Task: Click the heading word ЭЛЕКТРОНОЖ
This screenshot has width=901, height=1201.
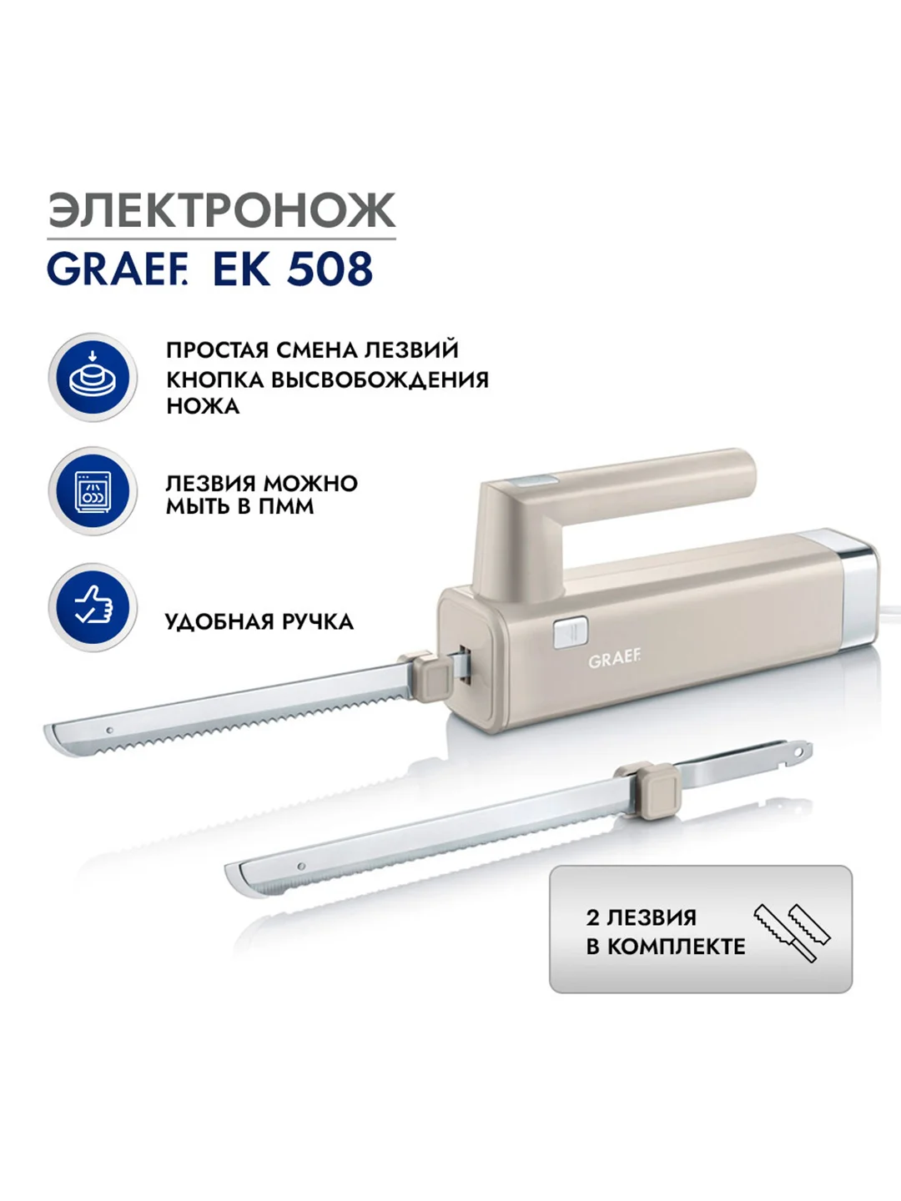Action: click(222, 210)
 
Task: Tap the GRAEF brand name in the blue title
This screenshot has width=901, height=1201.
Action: click(117, 269)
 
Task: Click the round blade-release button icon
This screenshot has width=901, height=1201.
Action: click(93, 377)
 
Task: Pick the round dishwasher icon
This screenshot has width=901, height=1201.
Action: click(93, 490)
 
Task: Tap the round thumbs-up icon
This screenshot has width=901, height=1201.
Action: click(93, 607)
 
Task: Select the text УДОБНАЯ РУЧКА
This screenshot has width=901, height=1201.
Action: click(259, 622)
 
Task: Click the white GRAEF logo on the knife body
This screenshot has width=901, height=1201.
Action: click(614, 661)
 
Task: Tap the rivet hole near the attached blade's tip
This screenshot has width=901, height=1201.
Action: click(110, 730)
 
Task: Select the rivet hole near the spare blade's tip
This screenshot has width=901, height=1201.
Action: click(301, 867)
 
